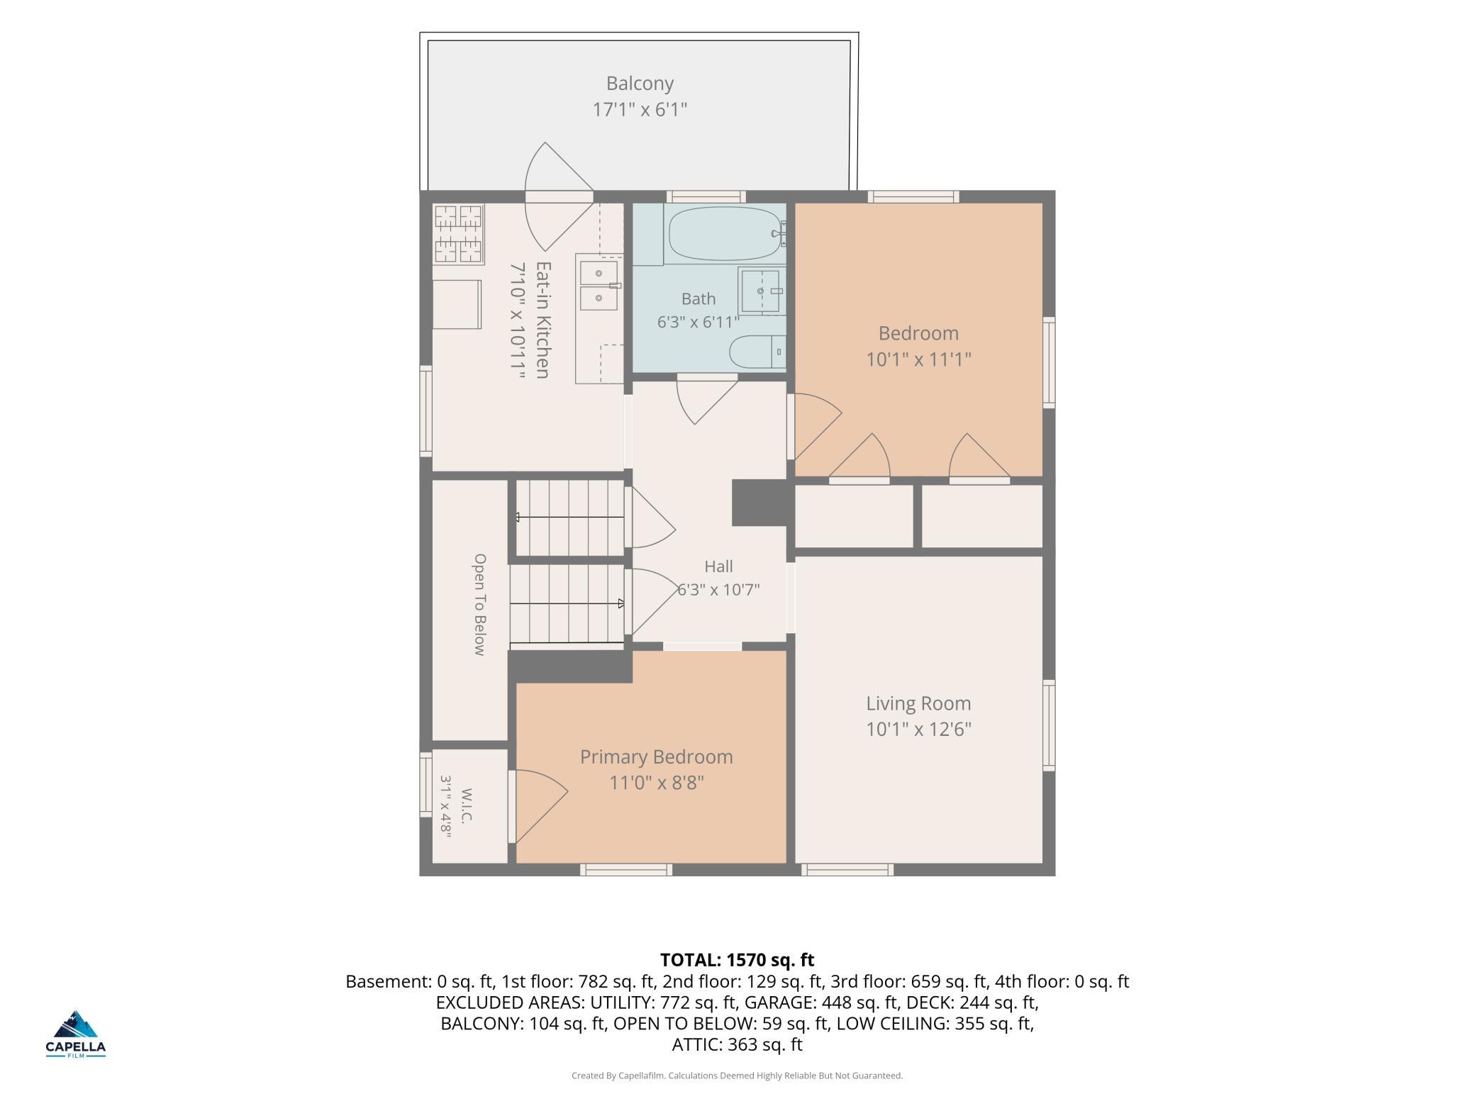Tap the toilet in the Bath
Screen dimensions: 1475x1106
click(757, 352)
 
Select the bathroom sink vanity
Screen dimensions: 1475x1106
click(762, 291)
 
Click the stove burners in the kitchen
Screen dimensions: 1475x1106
click(458, 234)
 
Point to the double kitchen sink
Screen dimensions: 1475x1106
click(599, 286)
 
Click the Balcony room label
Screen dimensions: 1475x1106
click(640, 84)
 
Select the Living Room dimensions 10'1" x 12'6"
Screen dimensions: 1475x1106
click(918, 730)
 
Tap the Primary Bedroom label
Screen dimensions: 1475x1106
click(657, 757)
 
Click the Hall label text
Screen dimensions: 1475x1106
click(718, 566)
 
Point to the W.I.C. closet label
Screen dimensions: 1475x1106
click(466, 805)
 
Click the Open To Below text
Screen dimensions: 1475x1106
click(480, 605)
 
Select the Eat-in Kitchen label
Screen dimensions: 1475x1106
click(542, 320)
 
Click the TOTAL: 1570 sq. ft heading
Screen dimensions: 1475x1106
click(737, 960)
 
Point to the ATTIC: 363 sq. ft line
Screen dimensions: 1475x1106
click(737, 1044)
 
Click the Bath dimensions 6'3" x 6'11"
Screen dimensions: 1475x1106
click(698, 323)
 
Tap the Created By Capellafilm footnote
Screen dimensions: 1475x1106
click(737, 1076)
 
